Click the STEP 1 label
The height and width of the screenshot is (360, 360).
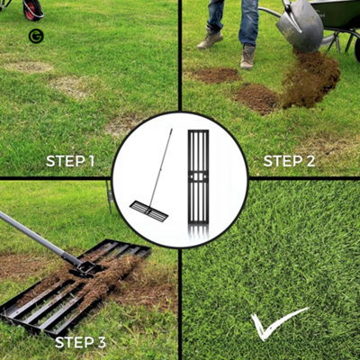pyautogui.click(x=70, y=162)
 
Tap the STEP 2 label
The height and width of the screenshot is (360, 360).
pyautogui.click(x=289, y=162)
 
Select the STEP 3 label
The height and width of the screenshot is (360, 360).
pyautogui.click(x=80, y=342)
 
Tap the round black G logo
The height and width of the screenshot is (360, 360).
pyautogui.click(x=35, y=36)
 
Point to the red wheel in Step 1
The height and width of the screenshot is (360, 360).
pyautogui.click(x=32, y=9)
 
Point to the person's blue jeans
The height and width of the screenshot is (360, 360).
pyautogui.click(x=229, y=18)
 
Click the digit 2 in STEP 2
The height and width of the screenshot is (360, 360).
pyautogui.click(x=310, y=162)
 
